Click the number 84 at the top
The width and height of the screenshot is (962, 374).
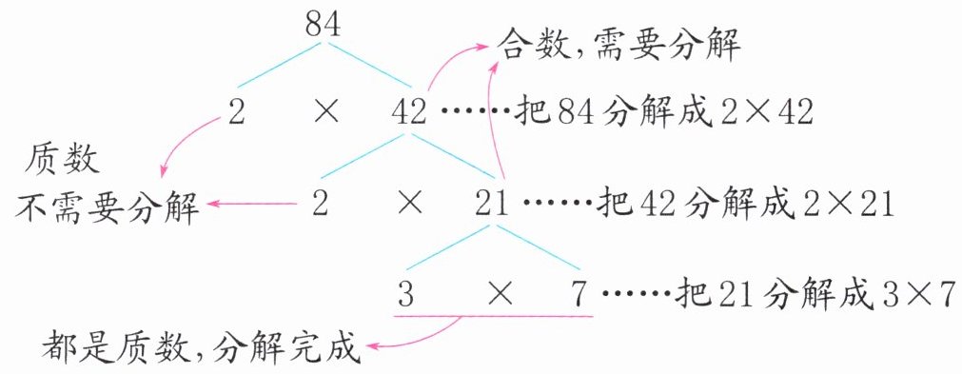(x=323, y=27)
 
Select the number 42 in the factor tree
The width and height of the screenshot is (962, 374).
(x=408, y=113)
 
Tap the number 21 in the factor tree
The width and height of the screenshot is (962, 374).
(x=492, y=205)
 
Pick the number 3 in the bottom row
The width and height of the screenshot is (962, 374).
(x=405, y=295)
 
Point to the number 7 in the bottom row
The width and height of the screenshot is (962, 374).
(x=580, y=295)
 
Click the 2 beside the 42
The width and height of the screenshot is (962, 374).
(x=236, y=113)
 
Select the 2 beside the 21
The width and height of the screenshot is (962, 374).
(x=320, y=205)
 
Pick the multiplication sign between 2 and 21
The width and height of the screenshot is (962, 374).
(x=409, y=205)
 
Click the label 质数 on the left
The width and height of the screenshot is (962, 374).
(x=61, y=161)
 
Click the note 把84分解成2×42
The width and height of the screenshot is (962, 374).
(x=665, y=113)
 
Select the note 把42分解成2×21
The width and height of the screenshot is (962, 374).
(x=745, y=205)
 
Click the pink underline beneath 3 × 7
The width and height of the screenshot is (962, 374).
(x=493, y=316)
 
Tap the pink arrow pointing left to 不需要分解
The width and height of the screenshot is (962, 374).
(x=251, y=205)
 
